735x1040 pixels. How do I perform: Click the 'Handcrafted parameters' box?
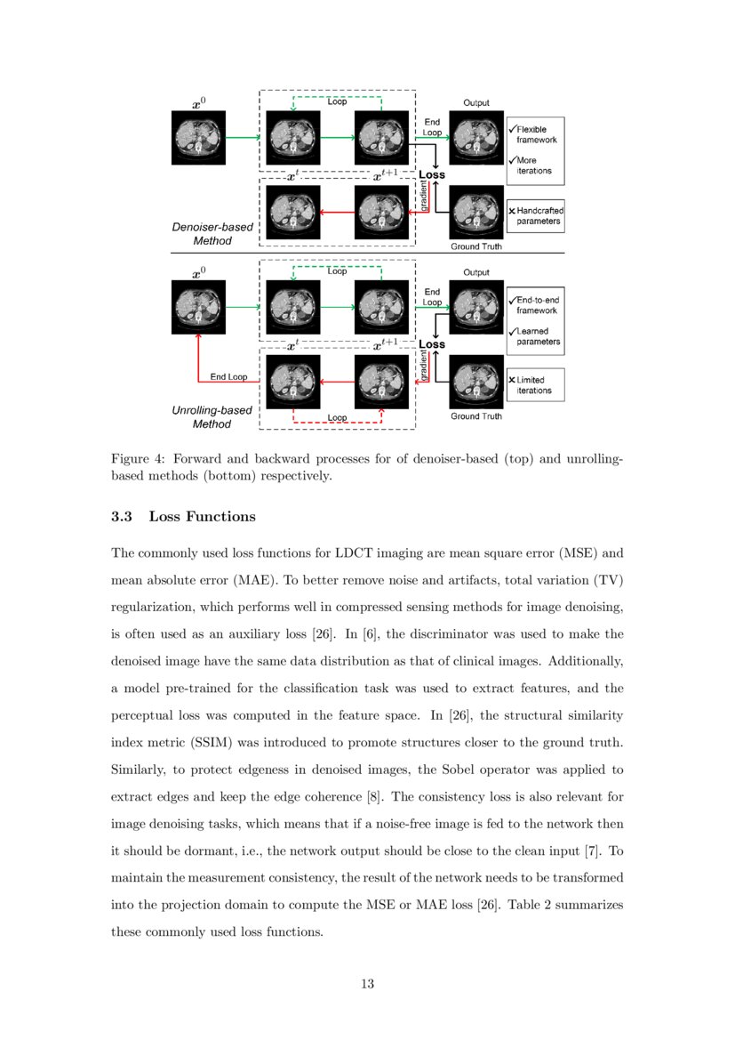tap(536, 215)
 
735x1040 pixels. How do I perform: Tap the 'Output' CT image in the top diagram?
tap(476, 137)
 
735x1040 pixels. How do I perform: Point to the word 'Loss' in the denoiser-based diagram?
tap(432, 174)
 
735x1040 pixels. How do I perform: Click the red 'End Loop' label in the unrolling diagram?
tap(228, 376)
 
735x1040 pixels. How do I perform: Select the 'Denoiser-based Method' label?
tap(212, 234)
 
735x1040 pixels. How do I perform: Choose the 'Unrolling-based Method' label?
tap(212, 417)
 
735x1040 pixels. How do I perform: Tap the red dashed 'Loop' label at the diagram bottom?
tap(337, 417)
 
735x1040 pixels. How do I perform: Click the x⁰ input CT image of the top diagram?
tap(199, 138)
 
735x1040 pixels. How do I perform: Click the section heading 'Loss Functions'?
tap(202, 516)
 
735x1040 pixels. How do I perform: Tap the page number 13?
tap(367, 983)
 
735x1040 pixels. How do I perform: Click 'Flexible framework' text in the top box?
tap(537, 134)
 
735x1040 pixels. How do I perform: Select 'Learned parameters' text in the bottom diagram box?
tap(538, 336)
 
